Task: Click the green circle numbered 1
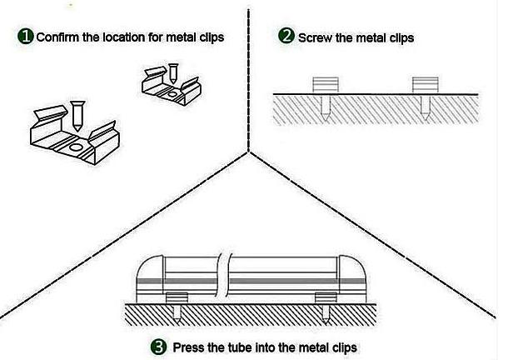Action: click(26, 36)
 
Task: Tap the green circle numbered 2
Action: click(286, 35)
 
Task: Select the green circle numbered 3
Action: click(159, 347)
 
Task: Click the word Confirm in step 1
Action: click(57, 37)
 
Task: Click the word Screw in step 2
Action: click(315, 37)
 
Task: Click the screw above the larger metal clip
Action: click(77, 116)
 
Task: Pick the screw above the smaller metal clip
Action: click(172, 73)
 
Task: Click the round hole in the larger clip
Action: click(75, 147)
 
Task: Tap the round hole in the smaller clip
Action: click(172, 95)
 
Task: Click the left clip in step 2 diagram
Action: click(325, 85)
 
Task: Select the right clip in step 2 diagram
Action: click(425, 85)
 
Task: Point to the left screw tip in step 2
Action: click(326, 119)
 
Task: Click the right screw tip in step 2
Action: click(425, 119)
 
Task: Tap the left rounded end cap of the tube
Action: click(150, 278)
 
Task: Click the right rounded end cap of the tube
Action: click(352, 278)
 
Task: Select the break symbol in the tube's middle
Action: click(225, 274)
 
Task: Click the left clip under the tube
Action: click(177, 297)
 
